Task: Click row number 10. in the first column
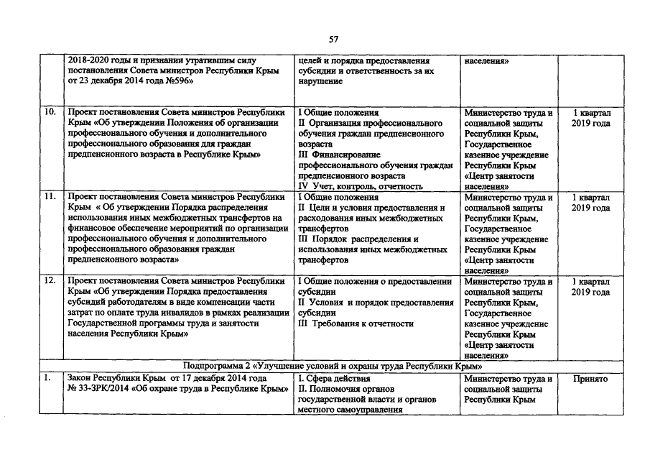point(52,114)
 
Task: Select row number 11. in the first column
point(52,197)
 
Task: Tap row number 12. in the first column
point(52,281)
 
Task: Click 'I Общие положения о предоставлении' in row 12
point(374,281)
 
